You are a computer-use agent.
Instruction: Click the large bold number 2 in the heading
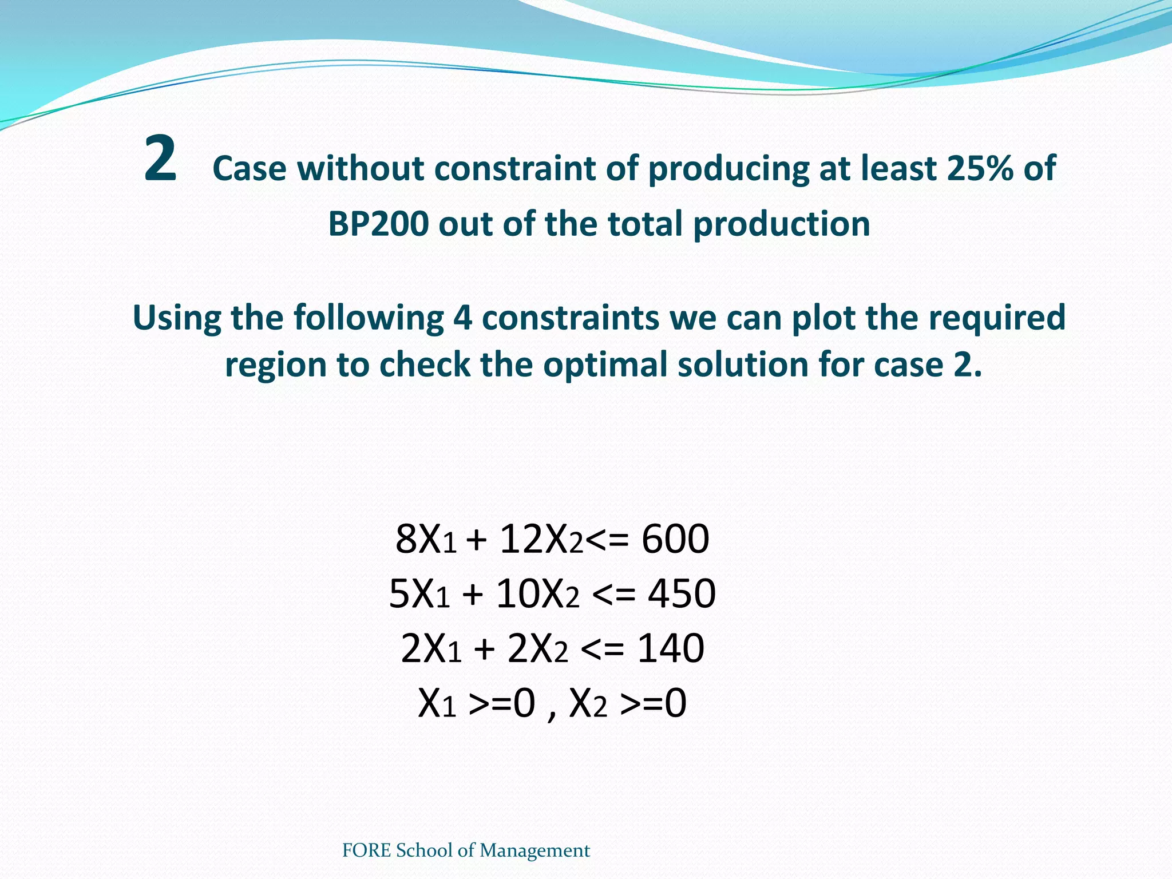point(160,159)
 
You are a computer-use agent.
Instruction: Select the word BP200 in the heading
point(378,224)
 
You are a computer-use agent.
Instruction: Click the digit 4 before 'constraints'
point(462,318)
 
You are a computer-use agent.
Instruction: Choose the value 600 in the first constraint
point(675,539)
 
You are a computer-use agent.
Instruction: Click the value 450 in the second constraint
point(682,593)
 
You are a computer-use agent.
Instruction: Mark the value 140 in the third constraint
point(671,648)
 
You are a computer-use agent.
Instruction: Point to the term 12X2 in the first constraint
point(541,539)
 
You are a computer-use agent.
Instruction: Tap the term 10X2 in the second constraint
point(537,593)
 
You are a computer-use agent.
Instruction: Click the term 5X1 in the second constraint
point(419,593)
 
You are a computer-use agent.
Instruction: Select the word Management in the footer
point(534,851)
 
